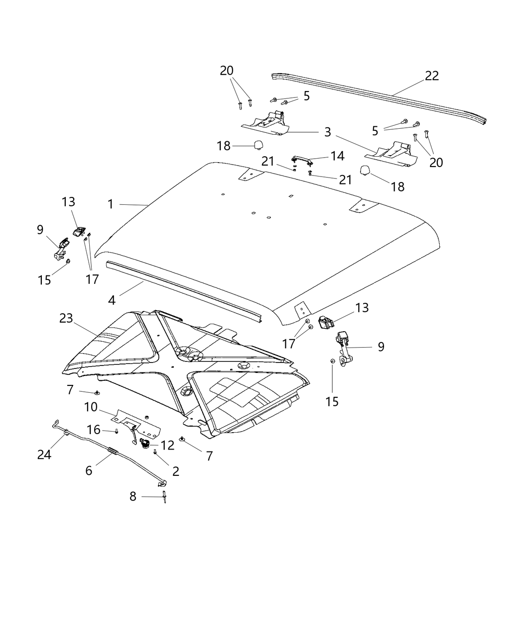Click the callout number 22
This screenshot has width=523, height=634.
click(x=432, y=76)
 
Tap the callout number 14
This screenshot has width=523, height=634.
click(x=337, y=156)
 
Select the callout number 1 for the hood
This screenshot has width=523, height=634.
click(x=111, y=204)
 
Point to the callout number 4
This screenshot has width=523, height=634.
click(x=112, y=300)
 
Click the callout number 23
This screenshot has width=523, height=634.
click(x=66, y=318)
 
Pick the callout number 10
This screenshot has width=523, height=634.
click(x=91, y=407)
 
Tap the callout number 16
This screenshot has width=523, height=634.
click(x=94, y=430)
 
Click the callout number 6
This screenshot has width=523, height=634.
click(x=89, y=470)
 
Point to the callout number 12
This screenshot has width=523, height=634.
click(x=168, y=445)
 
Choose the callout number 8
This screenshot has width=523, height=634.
click(x=133, y=496)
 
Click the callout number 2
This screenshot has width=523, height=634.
click(x=176, y=471)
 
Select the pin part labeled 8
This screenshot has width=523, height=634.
click(x=164, y=498)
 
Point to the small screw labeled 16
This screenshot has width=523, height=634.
click(x=116, y=431)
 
